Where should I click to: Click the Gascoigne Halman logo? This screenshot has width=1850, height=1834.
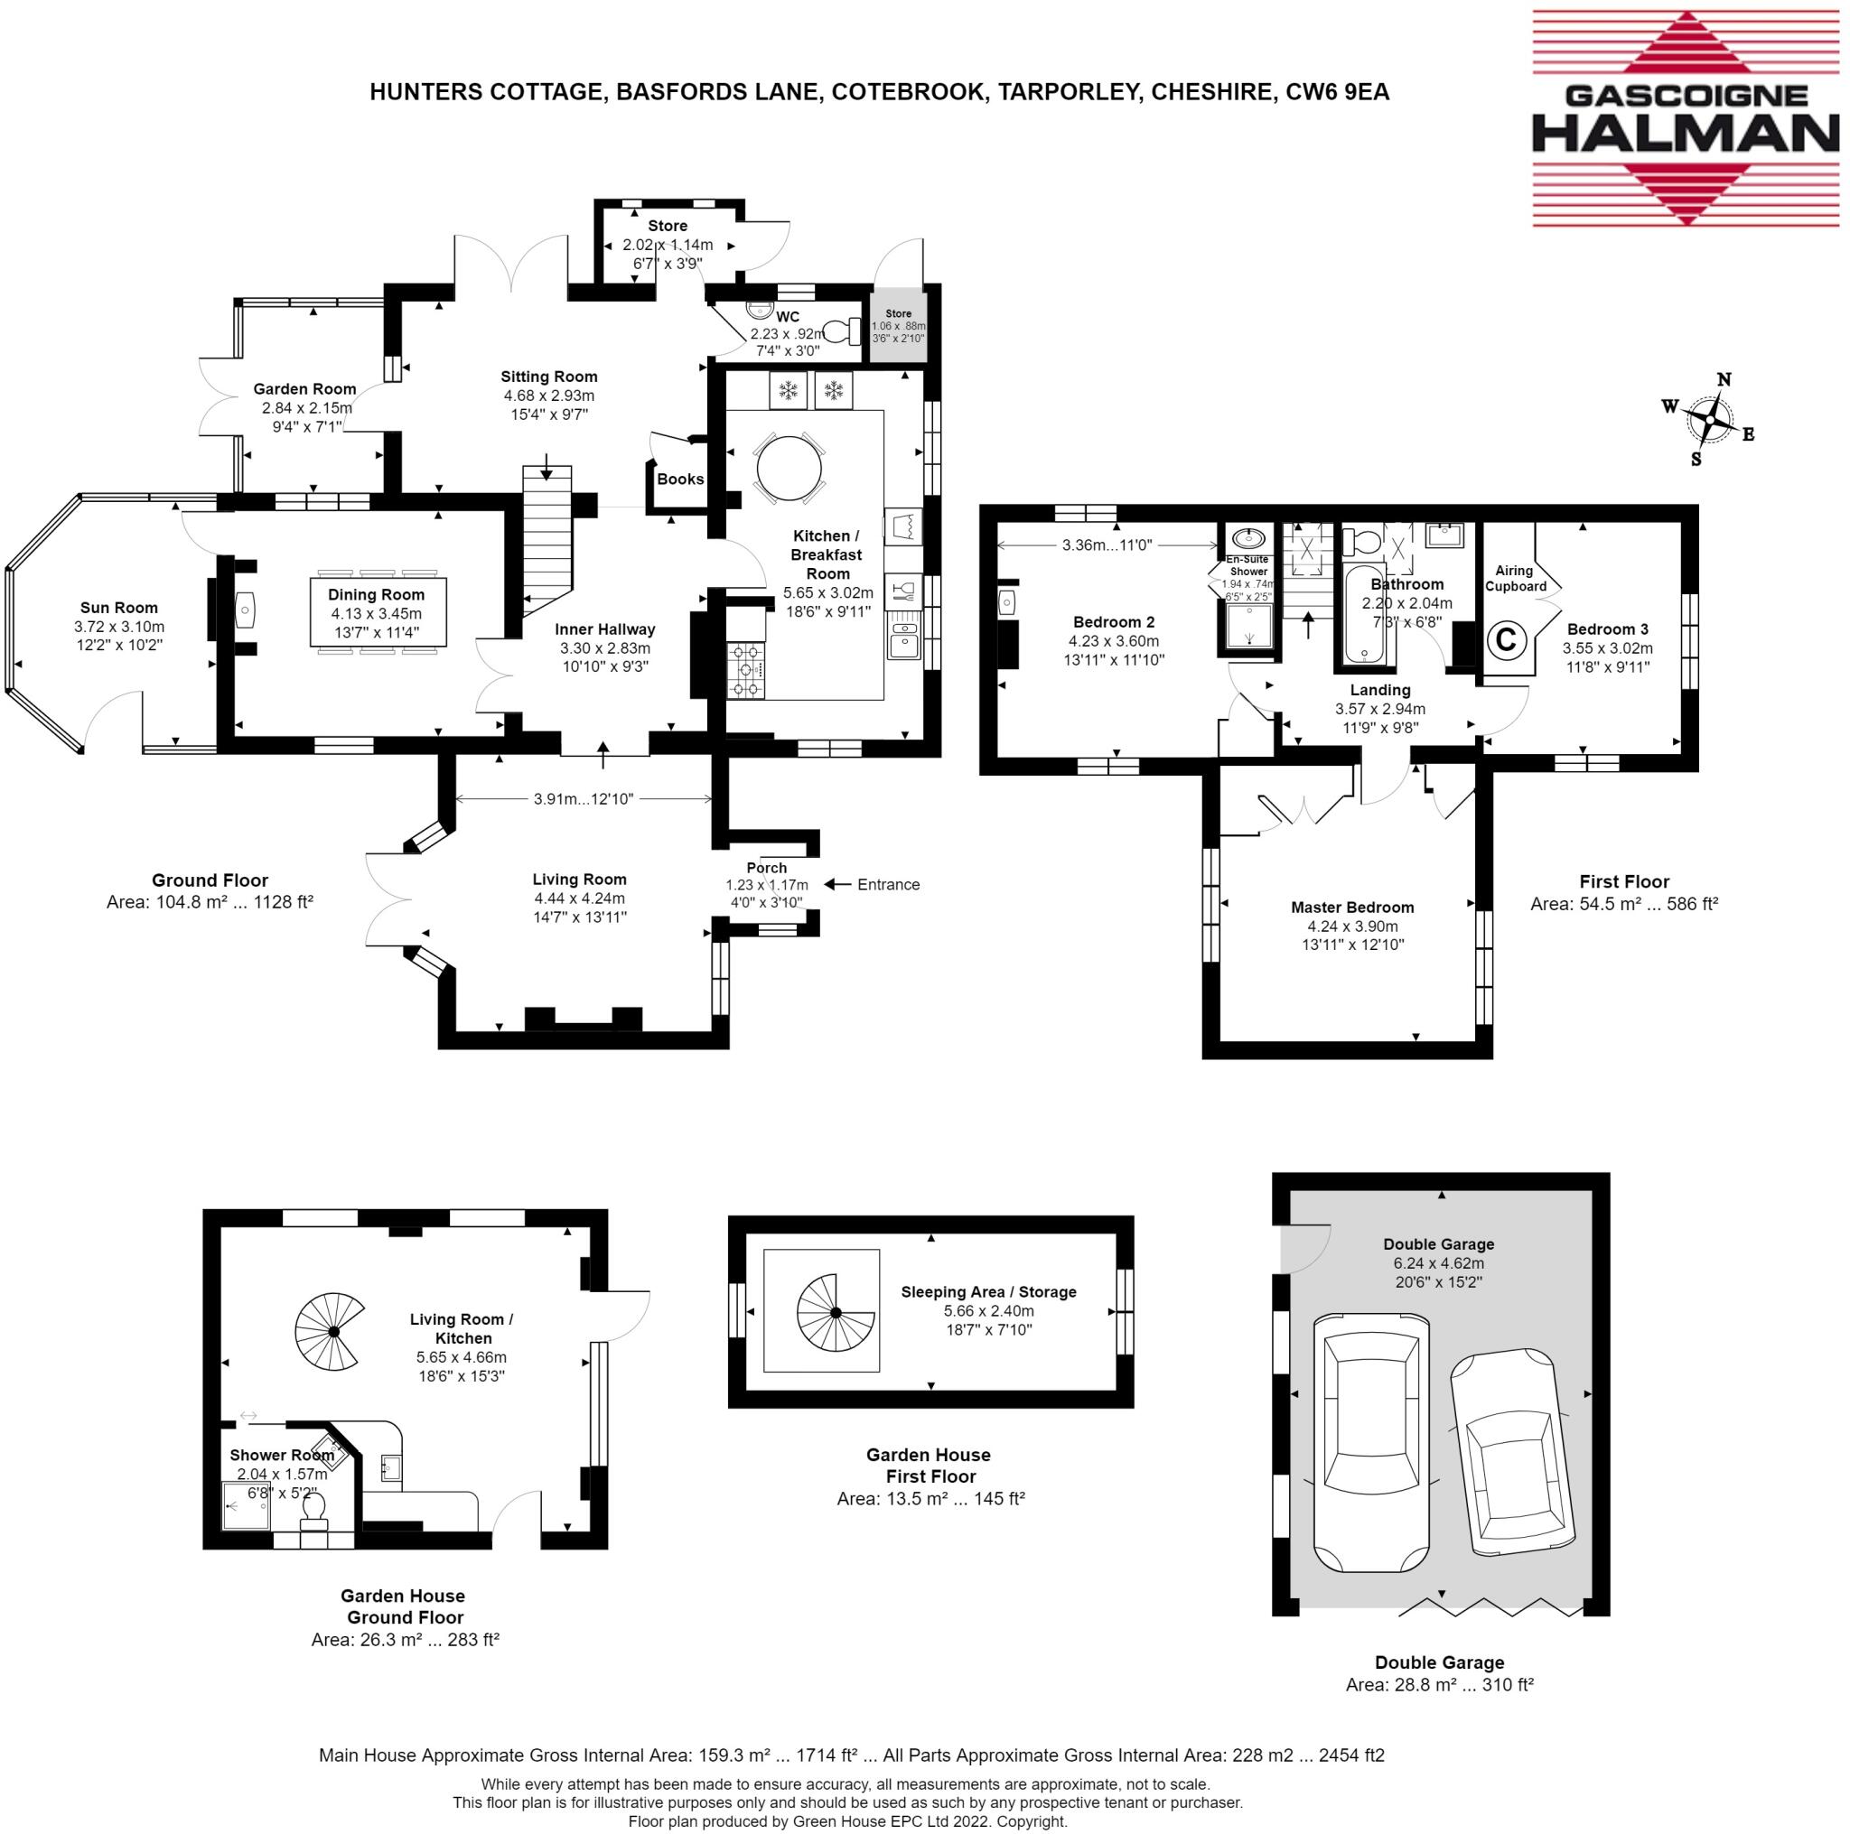point(1686,118)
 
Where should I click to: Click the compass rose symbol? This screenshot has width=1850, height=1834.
point(1710,419)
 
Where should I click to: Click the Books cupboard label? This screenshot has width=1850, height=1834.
point(680,479)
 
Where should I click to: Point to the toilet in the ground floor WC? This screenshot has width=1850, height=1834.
point(843,331)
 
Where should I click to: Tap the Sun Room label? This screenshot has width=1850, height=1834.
point(118,607)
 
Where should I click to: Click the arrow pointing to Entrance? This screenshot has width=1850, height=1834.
point(838,883)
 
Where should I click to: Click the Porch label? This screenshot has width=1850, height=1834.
point(766,867)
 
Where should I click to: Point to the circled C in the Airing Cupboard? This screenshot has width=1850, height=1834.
point(1505,638)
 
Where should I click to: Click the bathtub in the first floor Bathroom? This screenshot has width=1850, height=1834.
point(1363,615)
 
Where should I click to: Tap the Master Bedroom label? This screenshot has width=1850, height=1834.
point(1351,907)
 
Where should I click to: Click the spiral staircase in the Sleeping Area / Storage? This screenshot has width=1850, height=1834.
point(836,1312)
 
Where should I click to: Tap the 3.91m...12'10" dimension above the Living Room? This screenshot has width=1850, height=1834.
point(584,798)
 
